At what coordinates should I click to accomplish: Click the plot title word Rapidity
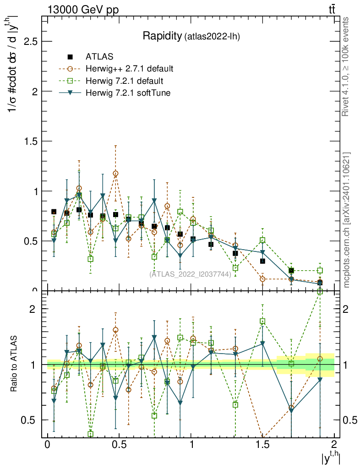point(162,36)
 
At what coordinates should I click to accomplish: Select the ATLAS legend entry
point(98,57)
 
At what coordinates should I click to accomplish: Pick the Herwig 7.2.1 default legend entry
point(124,81)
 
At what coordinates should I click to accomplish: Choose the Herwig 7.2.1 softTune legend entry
point(128,93)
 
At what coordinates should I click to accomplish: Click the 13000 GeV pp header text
point(82,10)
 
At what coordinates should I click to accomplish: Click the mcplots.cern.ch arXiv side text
point(347,220)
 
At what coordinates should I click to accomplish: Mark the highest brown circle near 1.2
point(115,174)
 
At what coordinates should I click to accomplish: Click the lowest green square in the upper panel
point(235,268)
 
